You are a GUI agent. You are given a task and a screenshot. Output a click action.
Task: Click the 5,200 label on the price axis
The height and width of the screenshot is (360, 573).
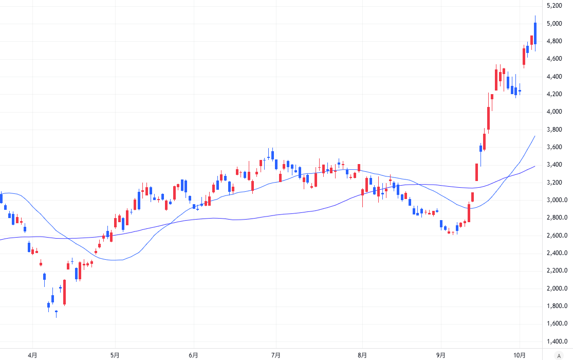coord(554,6)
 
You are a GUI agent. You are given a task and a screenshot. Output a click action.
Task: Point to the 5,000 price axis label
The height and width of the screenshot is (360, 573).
coord(554,24)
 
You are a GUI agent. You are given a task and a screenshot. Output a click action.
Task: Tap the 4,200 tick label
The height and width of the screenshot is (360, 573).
coord(554,94)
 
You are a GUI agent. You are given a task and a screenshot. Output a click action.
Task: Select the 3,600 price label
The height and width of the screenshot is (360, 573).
coord(554,147)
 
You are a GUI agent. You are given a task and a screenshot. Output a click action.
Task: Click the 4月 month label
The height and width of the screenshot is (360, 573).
coord(32,355)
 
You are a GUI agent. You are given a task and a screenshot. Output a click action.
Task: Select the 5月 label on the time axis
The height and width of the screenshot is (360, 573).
coord(115,355)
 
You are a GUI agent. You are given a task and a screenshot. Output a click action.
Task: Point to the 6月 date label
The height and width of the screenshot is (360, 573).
coord(193,355)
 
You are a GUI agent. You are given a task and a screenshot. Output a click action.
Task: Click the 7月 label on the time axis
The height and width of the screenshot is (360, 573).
coord(275,355)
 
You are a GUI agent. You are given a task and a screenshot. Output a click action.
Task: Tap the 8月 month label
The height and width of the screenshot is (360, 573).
coord(362,355)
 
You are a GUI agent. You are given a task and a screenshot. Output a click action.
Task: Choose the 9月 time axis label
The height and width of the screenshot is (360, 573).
coord(441,355)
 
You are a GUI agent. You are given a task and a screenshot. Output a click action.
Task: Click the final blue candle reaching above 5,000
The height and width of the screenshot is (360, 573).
coord(535,33)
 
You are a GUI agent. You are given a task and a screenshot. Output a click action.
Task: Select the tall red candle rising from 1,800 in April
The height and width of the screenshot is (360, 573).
coord(65,292)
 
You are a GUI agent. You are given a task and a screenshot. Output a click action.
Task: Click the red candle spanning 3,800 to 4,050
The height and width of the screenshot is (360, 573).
coord(488,118)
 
